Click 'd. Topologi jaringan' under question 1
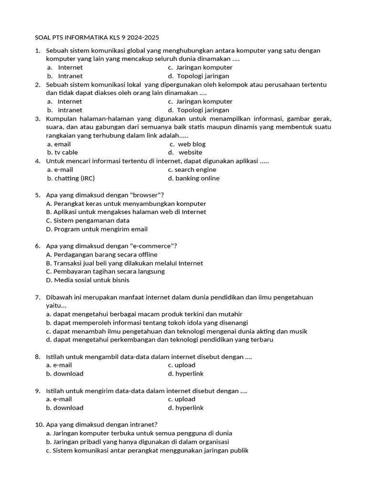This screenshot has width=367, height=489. point(198,76)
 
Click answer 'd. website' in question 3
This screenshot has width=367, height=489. point(185,152)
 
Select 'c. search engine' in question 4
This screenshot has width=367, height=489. point(192,170)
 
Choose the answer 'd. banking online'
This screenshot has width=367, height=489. point(194,178)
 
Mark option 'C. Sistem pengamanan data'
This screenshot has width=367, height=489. point(87,221)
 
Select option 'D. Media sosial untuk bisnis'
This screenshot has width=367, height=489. point(87,280)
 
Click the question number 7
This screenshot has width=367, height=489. point(37,297)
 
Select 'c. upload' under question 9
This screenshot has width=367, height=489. point(182,399)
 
